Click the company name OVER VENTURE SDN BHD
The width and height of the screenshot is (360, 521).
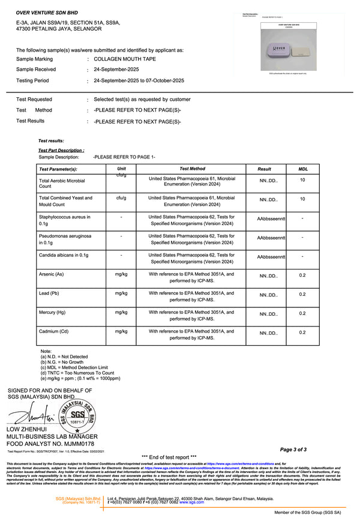[x=45, y=12]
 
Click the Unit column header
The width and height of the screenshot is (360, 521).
[x=122, y=169]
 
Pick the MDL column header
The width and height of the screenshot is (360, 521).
[x=303, y=169]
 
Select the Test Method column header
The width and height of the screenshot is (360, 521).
[x=192, y=169]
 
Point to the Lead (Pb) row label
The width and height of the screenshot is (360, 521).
[x=49, y=294]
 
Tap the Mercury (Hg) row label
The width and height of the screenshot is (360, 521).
[x=52, y=313]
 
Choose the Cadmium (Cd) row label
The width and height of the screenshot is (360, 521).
[x=53, y=332]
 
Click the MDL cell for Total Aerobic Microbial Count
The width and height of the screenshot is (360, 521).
[x=302, y=180]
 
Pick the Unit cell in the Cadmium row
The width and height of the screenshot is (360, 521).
[x=121, y=331]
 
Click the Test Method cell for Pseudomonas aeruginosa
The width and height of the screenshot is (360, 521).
[x=192, y=239]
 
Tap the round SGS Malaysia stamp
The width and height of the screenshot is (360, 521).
[x=76, y=415]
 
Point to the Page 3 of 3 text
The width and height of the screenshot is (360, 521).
[x=293, y=449]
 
